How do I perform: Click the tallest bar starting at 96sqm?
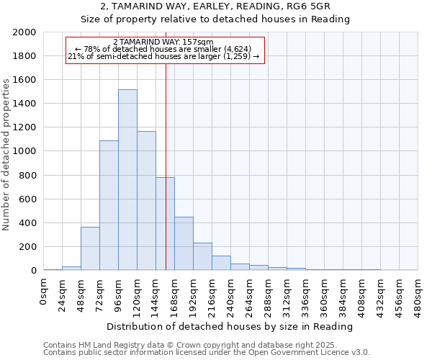click(x=127, y=180)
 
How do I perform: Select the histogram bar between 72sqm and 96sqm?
click(x=109, y=205)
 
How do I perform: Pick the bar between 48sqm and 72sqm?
click(x=90, y=248)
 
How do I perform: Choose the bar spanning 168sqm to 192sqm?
click(x=184, y=243)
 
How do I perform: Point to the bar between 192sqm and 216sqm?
click(x=202, y=256)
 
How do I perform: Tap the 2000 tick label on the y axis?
click(x=24, y=32)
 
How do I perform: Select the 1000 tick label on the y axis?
click(x=24, y=151)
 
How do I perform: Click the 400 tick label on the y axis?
click(x=27, y=223)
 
